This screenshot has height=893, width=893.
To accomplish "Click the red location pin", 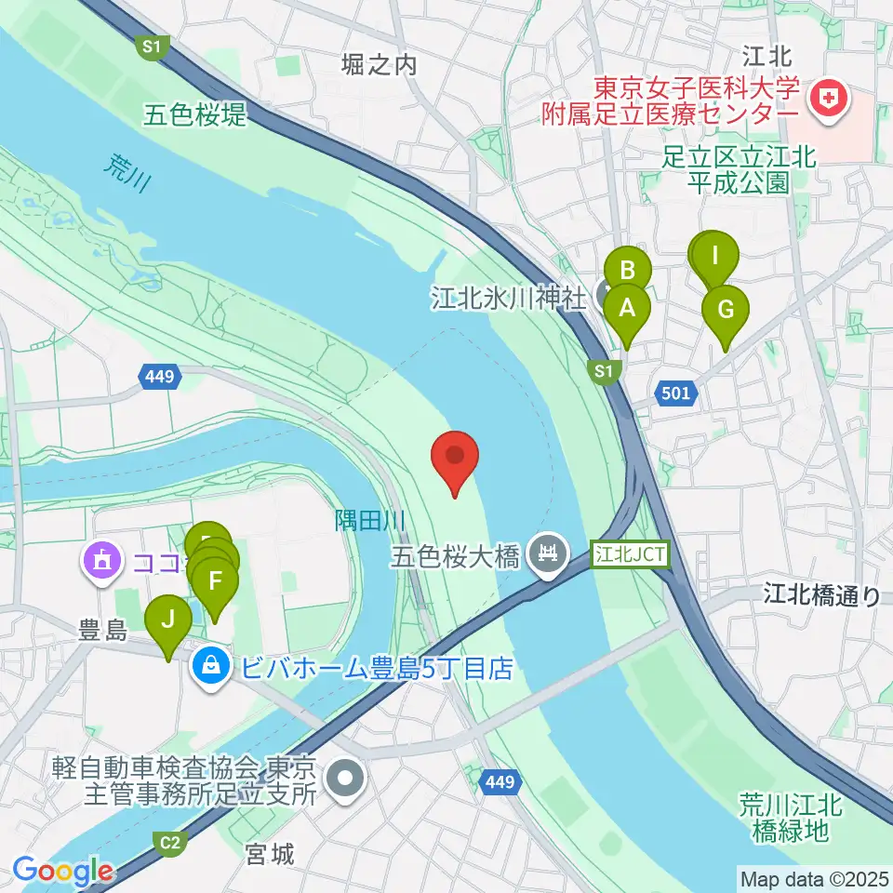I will coord(456,458).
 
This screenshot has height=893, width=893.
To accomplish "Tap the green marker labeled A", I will coord(627,309).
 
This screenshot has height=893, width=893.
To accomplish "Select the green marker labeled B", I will coord(628,272).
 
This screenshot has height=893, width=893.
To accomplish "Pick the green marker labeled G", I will coord(726,310).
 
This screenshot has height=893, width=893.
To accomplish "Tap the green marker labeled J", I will coord(168,620).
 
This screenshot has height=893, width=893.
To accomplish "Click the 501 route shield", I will coord(676,393).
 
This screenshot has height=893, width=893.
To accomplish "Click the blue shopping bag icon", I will coord(212,667).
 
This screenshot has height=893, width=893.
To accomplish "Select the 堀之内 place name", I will coord(379,65).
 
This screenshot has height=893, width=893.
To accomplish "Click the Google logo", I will coord(63,872).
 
